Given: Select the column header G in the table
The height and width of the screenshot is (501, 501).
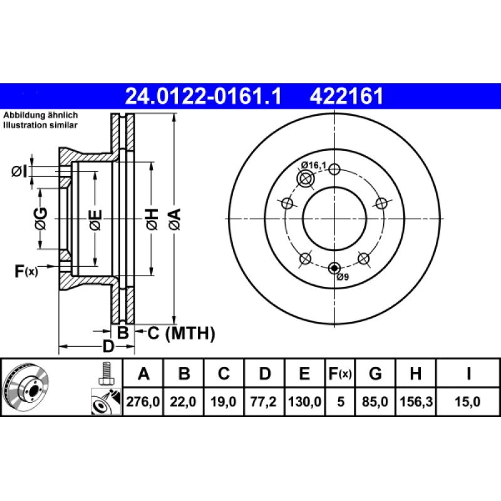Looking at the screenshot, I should pos(375,374).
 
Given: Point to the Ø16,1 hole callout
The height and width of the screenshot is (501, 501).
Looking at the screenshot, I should pos(314,165).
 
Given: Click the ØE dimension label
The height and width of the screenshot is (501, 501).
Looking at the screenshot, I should pos(95,219).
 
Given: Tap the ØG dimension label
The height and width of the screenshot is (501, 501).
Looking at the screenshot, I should pos(41,219).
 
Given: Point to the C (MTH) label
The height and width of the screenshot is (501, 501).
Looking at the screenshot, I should pos(181,333).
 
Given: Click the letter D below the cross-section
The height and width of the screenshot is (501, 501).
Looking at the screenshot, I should pos(108,346).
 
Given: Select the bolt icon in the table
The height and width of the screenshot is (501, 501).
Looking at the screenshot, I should pos(105,374).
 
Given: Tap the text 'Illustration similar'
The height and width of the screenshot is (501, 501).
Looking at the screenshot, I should pos(41,125).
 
